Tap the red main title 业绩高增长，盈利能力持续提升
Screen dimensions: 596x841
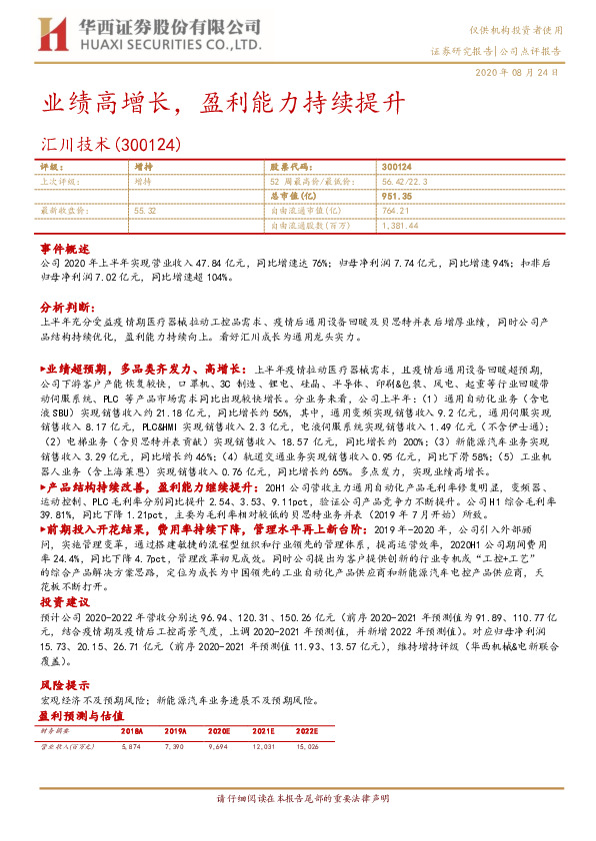pos(223,102)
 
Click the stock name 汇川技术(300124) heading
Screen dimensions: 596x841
pos(111,145)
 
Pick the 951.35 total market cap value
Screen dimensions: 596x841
pos(396,197)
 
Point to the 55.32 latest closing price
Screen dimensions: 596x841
pos(146,212)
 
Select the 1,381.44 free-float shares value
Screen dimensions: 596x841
pos(400,227)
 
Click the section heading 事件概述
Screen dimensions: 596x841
pos(65,247)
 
